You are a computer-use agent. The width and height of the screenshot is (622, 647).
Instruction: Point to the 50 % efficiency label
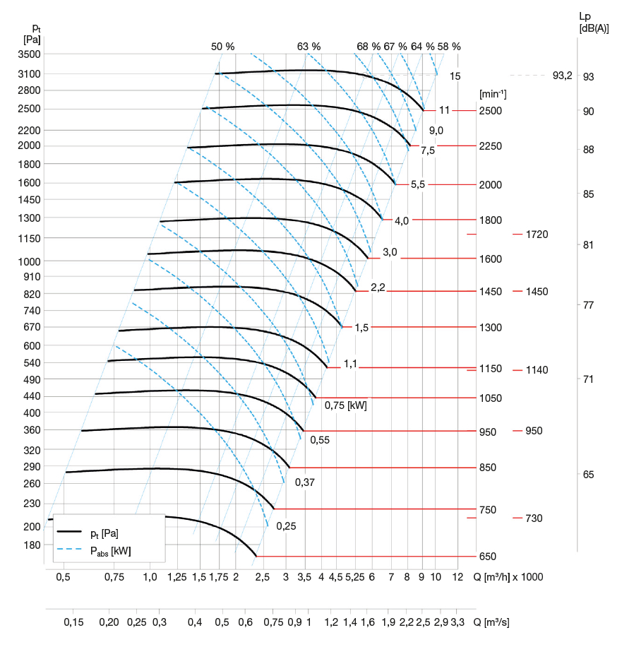(222, 47)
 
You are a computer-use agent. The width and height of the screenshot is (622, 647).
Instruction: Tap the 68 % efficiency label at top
(368, 47)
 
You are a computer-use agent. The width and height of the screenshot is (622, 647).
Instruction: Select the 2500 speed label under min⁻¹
(490, 111)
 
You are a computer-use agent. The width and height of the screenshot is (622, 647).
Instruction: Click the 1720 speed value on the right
(537, 234)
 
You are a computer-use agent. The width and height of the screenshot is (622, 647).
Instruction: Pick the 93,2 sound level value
(563, 76)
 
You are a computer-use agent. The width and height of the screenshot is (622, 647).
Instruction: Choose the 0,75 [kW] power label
(345, 405)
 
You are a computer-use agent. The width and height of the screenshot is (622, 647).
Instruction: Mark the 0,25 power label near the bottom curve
(287, 526)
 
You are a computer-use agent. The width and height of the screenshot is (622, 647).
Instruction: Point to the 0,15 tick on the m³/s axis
(73, 622)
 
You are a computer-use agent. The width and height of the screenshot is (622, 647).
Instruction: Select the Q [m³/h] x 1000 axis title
(508, 577)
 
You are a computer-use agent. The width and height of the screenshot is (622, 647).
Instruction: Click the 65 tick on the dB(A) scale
(588, 475)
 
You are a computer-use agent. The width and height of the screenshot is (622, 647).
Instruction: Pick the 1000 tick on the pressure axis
(32, 261)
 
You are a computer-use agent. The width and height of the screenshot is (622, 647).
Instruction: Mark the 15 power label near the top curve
(455, 76)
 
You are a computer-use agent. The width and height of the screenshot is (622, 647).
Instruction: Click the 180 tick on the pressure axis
(32, 545)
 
